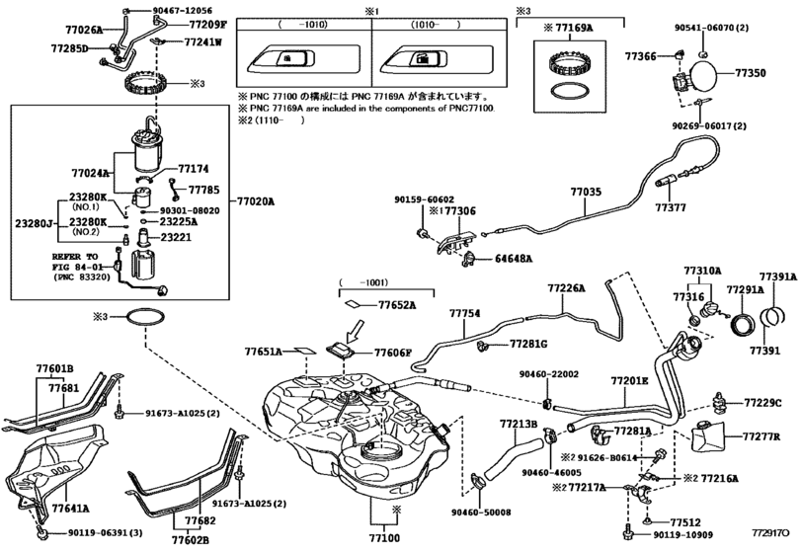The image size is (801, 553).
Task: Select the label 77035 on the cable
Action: click(x=585, y=193)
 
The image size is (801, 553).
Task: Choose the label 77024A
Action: click(x=92, y=173)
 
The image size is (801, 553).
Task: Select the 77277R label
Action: click(x=761, y=435)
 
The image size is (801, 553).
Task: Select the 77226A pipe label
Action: click(x=567, y=287)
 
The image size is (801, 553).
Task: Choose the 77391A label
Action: click(x=778, y=276)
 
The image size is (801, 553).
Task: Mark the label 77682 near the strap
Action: click(x=199, y=520)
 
